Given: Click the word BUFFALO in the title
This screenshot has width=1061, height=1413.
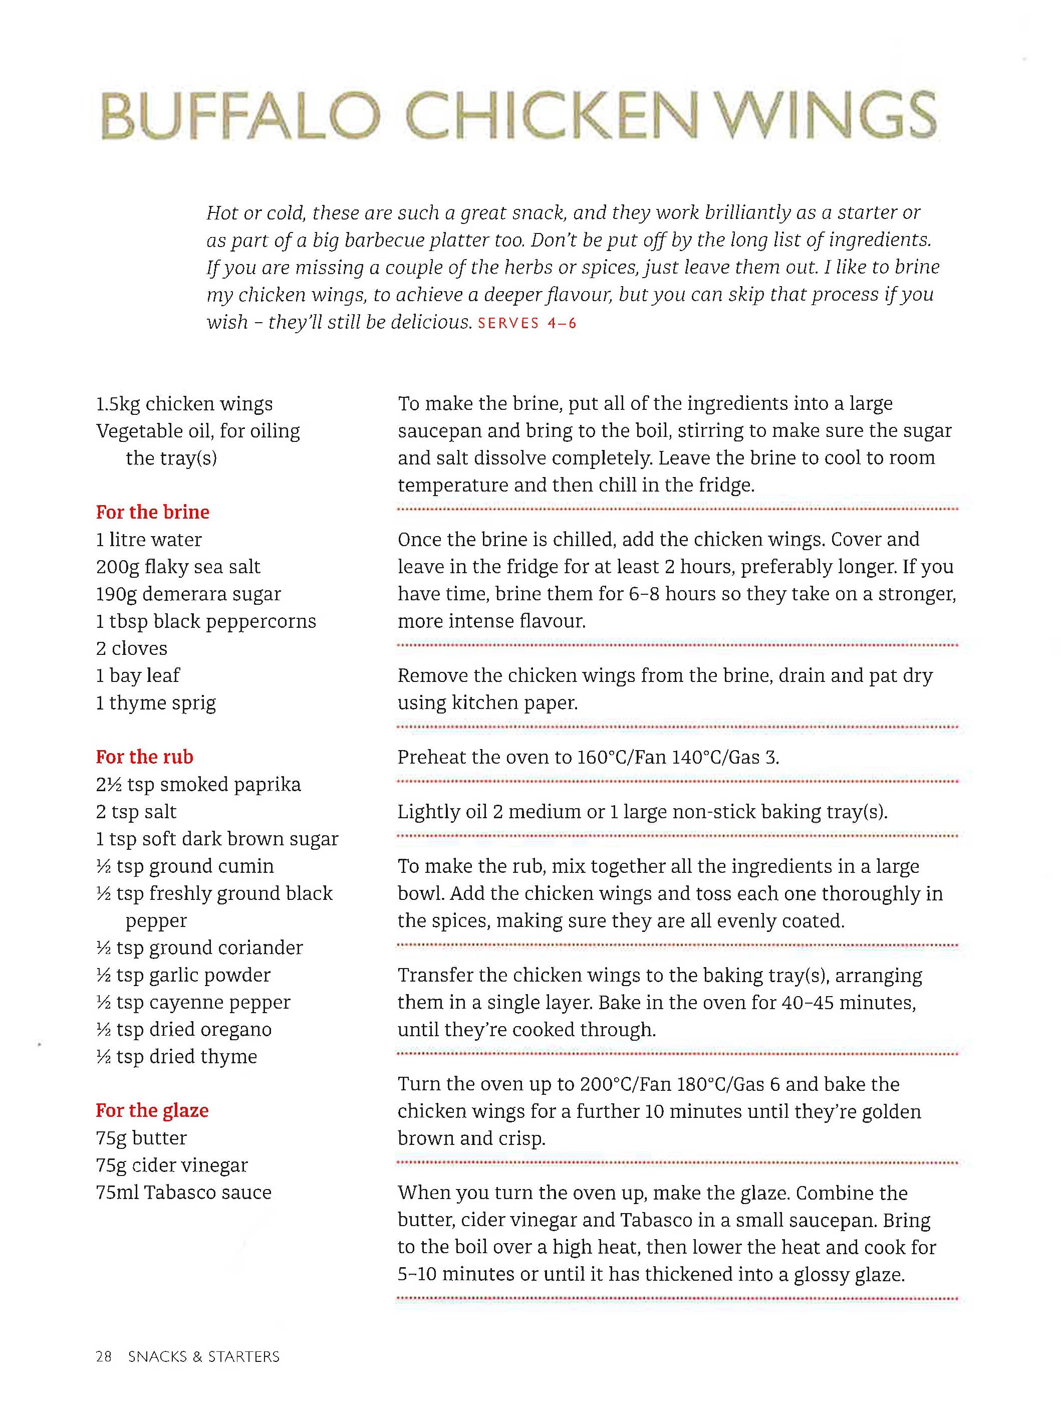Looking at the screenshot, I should [241, 116].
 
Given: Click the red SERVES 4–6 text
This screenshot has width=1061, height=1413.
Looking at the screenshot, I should [527, 323].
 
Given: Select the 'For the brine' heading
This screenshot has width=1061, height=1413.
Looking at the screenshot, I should [153, 512].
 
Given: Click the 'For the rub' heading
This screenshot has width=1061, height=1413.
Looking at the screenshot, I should [144, 757].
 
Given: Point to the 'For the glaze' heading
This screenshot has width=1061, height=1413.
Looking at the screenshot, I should [152, 1111].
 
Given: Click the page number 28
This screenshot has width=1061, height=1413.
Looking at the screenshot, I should [104, 1356].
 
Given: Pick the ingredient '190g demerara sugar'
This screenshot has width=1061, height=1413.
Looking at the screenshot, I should [188, 594].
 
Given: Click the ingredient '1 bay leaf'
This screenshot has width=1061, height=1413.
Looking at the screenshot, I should [138, 675].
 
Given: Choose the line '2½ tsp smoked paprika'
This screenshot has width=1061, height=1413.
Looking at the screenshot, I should [198, 785].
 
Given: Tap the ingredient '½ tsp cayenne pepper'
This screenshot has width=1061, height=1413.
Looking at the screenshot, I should [193, 1002].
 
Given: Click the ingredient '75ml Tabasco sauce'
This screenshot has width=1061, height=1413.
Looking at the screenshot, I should [183, 1192].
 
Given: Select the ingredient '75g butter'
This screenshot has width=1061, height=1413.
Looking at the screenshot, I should [141, 1138].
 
